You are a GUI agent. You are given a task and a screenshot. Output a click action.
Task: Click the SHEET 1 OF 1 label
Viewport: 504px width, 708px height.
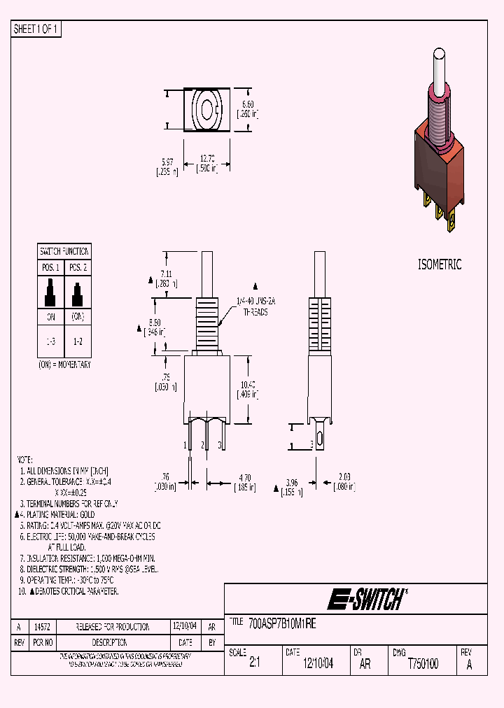pyautogui.click(x=36, y=29)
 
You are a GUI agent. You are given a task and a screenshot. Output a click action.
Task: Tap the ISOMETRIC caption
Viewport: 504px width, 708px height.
pyautogui.click(x=440, y=264)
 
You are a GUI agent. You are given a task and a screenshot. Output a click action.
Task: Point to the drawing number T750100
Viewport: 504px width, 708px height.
pyautogui.click(x=423, y=665)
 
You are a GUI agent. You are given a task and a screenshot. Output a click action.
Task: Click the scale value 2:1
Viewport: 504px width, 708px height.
pyautogui.click(x=255, y=665)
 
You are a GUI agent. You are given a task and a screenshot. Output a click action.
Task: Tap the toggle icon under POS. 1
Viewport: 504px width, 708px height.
pyautogui.click(x=50, y=292)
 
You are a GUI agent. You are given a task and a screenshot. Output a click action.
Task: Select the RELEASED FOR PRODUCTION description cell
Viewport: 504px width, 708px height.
pyautogui.click(x=113, y=627)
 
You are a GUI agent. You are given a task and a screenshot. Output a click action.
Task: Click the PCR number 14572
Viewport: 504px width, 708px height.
pyautogui.click(x=42, y=627)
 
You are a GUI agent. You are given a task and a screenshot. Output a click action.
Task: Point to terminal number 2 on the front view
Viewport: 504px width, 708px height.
pyautogui.click(x=204, y=445)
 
